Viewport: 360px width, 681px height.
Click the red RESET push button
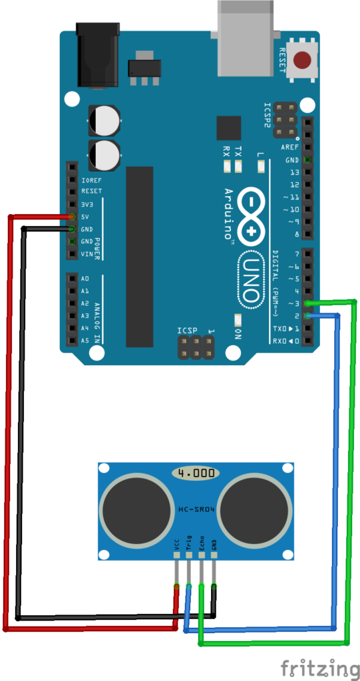pyautogui.click(x=303, y=60)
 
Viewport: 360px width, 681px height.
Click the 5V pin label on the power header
pyautogui.click(x=86, y=217)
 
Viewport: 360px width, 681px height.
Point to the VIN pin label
pyautogui.click(x=87, y=255)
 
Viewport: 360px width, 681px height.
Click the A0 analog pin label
pyautogui.click(x=85, y=279)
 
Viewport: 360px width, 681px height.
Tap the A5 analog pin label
pyautogui.click(x=85, y=340)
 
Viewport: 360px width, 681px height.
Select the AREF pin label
pyautogui.click(x=289, y=148)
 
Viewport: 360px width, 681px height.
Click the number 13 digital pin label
pyautogui.click(x=293, y=173)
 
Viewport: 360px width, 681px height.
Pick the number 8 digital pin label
pyautogui.click(x=296, y=235)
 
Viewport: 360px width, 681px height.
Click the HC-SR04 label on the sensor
pyautogui.click(x=196, y=510)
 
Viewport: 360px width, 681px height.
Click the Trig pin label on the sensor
pyautogui.click(x=188, y=545)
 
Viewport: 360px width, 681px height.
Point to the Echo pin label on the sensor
pyautogui.click(x=201, y=545)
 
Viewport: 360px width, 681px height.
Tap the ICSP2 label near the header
pyautogui.click(x=267, y=114)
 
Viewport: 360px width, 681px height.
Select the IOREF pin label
pyautogui.click(x=92, y=180)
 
